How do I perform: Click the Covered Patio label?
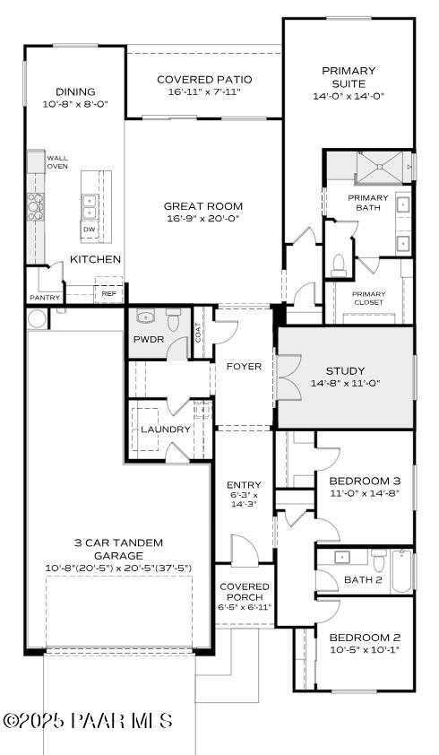coord(203,79)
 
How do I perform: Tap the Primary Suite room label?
coord(349,77)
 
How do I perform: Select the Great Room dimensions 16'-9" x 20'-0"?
coord(204,219)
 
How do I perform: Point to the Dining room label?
coord(75,91)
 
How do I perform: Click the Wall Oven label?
coord(57,162)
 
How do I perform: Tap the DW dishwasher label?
coord(89,230)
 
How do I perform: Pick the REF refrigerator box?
coord(108,293)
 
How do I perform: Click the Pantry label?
coord(44,298)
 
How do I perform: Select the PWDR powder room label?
coord(147,340)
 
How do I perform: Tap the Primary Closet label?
coord(368,299)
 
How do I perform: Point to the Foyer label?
coord(244,367)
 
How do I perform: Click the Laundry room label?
coord(166,430)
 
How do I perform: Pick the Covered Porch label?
coord(245,594)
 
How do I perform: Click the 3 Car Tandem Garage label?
coord(119,543)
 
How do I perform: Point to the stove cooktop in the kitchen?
coord(36,207)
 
